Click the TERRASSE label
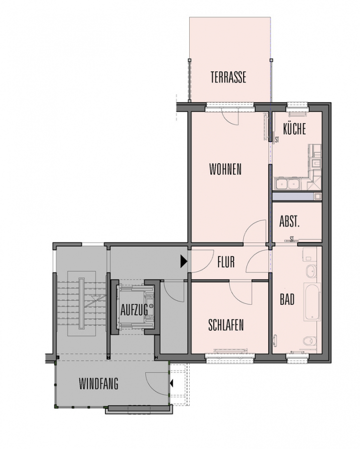[x=228, y=77]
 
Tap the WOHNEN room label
[x=225, y=169]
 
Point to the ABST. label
[x=290, y=222]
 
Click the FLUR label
[x=226, y=262]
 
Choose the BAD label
[x=287, y=299]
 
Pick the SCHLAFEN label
[x=226, y=325]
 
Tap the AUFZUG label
[x=134, y=309]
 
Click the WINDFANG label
[x=98, y=384]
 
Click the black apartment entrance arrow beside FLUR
[x=184, y=261]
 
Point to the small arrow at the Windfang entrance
[x=172, y=383]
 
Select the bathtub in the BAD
[x=312, y=302]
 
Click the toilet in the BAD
[x=310, y=341]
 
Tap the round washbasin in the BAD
[x=311, y=271]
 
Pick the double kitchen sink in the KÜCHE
[x=287, y=184]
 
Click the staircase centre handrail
[x=82, y=303]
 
